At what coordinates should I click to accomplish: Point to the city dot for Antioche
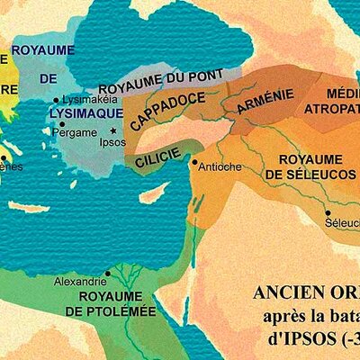pos(194,162)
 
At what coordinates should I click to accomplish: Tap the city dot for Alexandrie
pos(108,273)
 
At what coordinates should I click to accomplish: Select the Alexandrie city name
pos(81,282)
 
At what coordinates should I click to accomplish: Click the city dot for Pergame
pos(62,124)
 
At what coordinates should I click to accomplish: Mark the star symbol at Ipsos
pos(112,130)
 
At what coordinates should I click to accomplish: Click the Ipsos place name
pos(112,141)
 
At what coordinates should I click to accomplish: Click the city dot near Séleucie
pos(328,213)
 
